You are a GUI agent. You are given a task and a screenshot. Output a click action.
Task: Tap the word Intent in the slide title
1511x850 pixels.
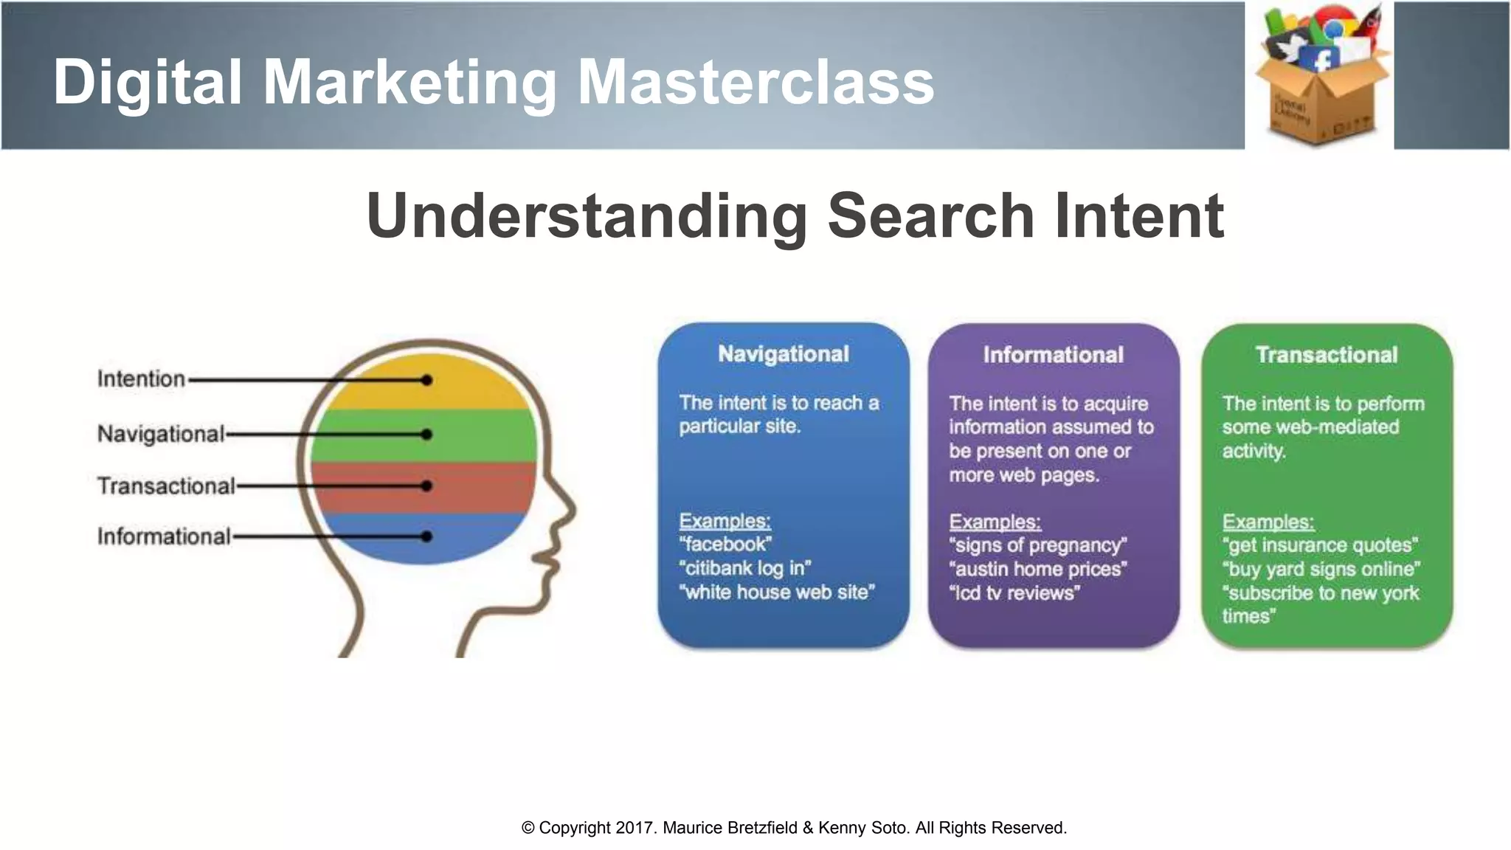[x=1139, y=215]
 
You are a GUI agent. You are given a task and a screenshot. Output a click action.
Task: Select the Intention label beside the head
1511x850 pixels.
[x=141, y=379]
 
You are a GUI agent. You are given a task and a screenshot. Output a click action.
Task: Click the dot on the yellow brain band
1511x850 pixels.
[x=426, y=380]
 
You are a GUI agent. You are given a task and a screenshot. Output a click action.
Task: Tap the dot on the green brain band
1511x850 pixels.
[x=426, y=435]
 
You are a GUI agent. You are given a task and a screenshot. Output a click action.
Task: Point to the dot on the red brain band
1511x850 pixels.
[x=426, y=486]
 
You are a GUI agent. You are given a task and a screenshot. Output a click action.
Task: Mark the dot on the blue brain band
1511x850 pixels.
[x=426, y=536]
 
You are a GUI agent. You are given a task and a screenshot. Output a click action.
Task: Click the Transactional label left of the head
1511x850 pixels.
[x=166, y=486]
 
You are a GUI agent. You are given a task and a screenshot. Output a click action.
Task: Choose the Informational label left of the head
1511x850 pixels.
[x=164, y=536]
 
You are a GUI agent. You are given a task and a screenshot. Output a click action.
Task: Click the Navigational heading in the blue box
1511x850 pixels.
[x=784, y=354]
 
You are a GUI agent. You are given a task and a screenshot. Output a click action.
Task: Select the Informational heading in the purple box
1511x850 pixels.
[x=1053, y=355]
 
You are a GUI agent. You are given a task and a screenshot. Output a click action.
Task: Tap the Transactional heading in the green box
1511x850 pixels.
[x=1326, y=355]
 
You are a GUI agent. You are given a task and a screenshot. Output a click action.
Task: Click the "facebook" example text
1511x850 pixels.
[x=725, y=545]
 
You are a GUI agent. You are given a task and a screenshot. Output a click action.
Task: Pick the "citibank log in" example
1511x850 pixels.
[x=744, y=568]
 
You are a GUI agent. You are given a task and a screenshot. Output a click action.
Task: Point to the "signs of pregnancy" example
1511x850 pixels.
[x=1038, y=545]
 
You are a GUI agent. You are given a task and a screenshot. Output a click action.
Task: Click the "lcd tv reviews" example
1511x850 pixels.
[x=1014, y=593]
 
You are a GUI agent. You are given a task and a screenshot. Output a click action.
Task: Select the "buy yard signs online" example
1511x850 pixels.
[x=1321, y=569]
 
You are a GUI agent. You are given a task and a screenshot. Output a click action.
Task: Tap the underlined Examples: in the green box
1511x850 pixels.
[x=1268, y=522]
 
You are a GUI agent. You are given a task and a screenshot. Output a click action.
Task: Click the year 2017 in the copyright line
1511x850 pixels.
[x=635, y=828]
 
